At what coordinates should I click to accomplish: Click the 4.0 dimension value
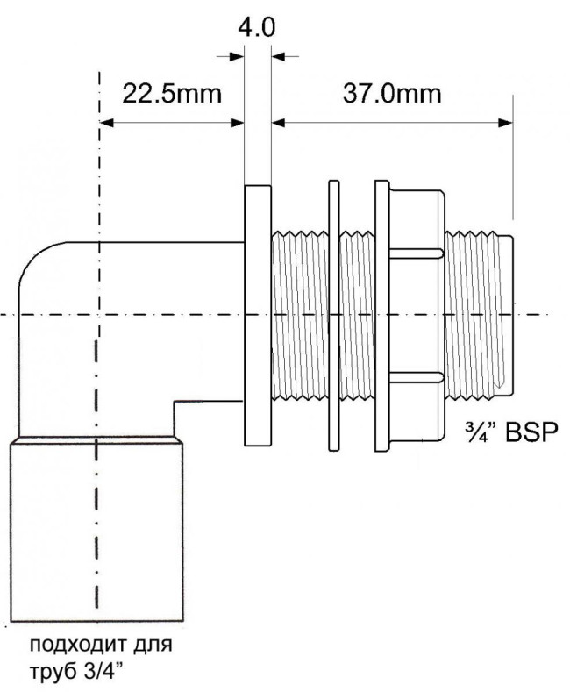[x=257, y=27]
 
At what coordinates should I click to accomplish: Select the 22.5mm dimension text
[x=172, y=94]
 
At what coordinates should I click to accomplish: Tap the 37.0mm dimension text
[x=392, y=94]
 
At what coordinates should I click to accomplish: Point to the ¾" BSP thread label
[x=511, y=432]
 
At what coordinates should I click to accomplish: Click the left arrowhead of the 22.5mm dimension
[x=107, y=123]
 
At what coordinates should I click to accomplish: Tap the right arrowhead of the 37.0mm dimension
[x=506, y=123]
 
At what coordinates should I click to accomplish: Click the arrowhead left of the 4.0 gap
[x=237, y=56]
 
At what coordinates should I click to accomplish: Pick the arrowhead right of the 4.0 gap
[x=278, y=56]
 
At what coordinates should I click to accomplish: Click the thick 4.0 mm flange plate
[x=258, y=316]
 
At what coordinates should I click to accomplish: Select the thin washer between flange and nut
[x=334, y=316]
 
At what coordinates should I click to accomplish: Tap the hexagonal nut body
[x=417, y=316]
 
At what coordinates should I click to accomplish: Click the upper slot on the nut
[x=416, y=253]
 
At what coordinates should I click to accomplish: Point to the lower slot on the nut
[x=416, y=377]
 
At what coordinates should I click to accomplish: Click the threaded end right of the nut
[x=479, y=314]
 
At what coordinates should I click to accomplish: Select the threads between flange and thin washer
[x=300, y=316]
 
